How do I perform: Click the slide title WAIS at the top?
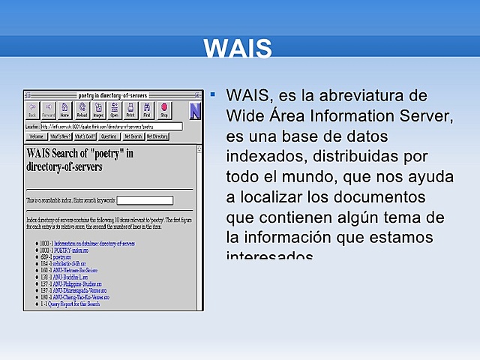coord(237,48)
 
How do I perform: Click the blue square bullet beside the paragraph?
coord(213,95)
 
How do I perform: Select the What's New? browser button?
coord(61,136)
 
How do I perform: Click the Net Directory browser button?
coord(157,136)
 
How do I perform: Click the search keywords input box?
coord(145,200)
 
